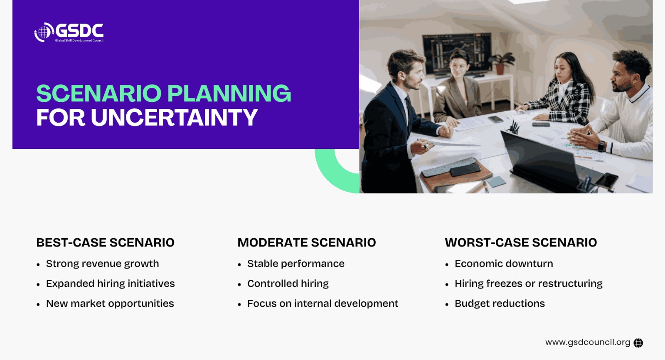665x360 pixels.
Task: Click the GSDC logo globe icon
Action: (x=44, y=32)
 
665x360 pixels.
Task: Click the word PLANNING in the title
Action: (x=229, y=93)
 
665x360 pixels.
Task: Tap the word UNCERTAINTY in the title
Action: (x=174, y=117)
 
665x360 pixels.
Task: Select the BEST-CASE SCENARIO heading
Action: (x=106, y=242)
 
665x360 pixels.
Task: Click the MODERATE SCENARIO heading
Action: (x=307, y=242)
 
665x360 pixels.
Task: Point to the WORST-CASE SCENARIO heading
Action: (x=521, y=242)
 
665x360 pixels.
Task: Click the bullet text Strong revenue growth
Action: (x=102, y=264)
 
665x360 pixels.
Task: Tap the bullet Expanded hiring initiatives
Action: (x=111, y=284)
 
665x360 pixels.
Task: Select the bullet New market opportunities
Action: (x=110, y=303)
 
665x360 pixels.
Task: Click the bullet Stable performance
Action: (x=296, y=264)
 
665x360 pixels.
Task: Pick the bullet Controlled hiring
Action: (x=288, y=284)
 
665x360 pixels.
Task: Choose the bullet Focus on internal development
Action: (x=323, y=303)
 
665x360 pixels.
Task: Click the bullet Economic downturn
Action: (x=504, y=264)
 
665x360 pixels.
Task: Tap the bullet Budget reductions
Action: (x=500, y=303)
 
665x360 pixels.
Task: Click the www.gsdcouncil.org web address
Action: (x=588, y=343)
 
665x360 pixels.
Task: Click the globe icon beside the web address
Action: (x=638, y=343)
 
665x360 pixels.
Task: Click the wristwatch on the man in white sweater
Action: (x=601, y=146)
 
